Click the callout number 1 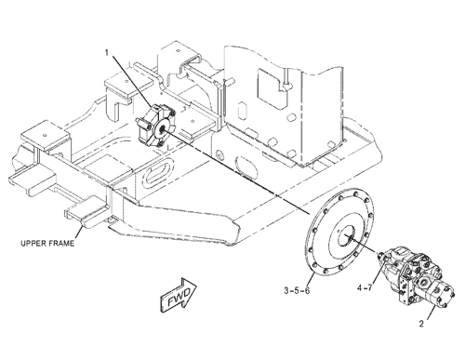107,53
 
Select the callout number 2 421,324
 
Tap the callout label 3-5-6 297,290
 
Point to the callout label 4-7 365,287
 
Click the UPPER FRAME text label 47,243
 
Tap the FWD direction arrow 179,293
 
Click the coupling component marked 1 155,126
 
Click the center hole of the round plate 348,237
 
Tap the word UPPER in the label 32,243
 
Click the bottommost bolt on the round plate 325,272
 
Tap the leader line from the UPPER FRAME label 79,233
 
